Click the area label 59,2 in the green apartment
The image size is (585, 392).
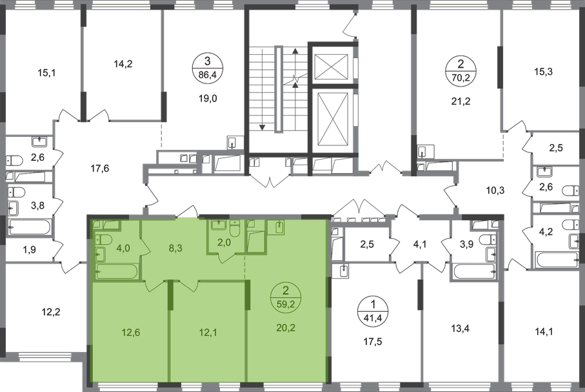click(x=286, y=305)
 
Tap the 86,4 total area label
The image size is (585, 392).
click(x=208, y=75)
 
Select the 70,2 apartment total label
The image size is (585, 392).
click(x=461, y=77)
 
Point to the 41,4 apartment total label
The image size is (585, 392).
click(x=373, y=318)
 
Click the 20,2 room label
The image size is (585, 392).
click(x=286, y=327)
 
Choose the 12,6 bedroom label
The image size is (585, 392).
click(x=130, y=332)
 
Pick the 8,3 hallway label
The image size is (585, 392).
click(x=175, y=248)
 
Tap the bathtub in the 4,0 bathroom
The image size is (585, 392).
click(x=116, y=272)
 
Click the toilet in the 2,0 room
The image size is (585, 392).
click(x=235, y=228)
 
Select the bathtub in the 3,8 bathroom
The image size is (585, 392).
click(x=30, y=227)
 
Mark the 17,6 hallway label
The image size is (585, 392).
click(x=99, y=169)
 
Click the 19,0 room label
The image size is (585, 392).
click(x=208, y=99)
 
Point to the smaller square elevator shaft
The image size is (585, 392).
click(x=332, y=67)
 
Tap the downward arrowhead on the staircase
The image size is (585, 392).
click(x=262, y=127)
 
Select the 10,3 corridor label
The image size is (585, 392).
click(x=495, y=191)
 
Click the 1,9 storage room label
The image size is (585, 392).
click(x=30, y=249)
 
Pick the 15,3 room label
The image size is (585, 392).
click(x=543, y=72)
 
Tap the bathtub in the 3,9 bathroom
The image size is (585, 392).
click(x=475, y=272)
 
